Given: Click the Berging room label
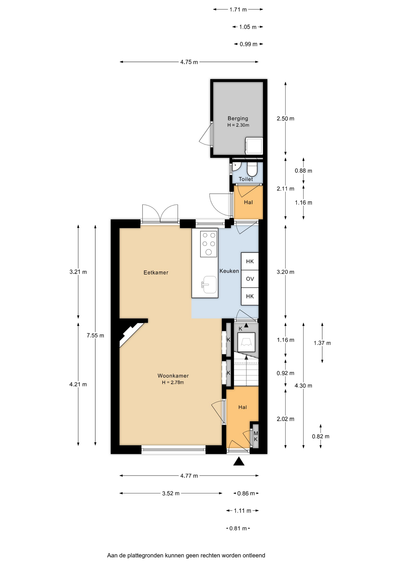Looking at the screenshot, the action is pos(238,119).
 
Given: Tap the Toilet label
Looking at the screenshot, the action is pos(246,179).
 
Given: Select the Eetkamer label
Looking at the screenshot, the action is pos(156,273).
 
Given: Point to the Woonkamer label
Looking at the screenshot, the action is pos(173,376).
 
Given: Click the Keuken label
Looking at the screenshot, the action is pos(229,271).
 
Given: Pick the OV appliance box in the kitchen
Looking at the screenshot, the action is pos(250,279).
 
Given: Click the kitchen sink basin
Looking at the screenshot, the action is pos(210,285).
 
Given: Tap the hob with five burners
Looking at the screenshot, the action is pos(209,244).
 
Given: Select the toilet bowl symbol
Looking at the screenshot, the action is pos(252,169).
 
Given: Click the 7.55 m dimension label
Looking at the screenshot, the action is pos(95,335).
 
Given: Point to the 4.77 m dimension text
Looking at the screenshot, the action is pos(189,475).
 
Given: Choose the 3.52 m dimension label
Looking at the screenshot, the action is pos(171,493).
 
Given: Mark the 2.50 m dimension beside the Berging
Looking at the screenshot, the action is pos(285,119).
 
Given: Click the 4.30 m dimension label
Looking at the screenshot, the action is pos(303,386).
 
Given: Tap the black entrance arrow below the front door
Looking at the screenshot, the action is pos(239,461).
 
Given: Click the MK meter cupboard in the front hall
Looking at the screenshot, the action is pos(256,436).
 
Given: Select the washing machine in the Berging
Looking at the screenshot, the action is pos(254,146).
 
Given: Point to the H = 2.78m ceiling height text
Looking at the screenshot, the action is pos(173,383).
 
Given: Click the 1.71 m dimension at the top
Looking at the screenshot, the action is pos(238,10).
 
